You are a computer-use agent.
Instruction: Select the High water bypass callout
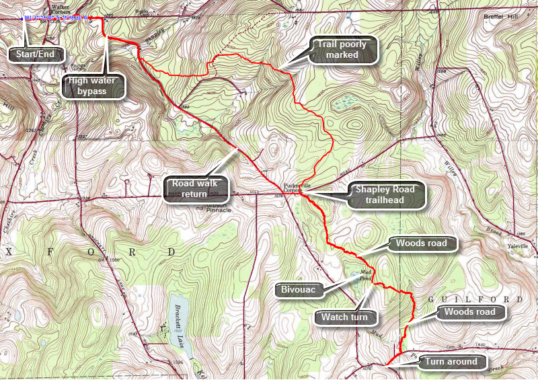click(x=96, y=86)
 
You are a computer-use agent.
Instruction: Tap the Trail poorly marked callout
click(x=342, y=50)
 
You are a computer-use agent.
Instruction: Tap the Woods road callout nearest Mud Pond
click(x=422, y=243)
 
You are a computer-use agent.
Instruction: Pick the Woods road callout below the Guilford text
click(x=469, y=312)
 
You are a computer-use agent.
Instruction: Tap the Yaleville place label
click(x=519, y=247)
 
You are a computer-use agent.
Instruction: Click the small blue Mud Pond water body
click(x=355, y=275)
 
